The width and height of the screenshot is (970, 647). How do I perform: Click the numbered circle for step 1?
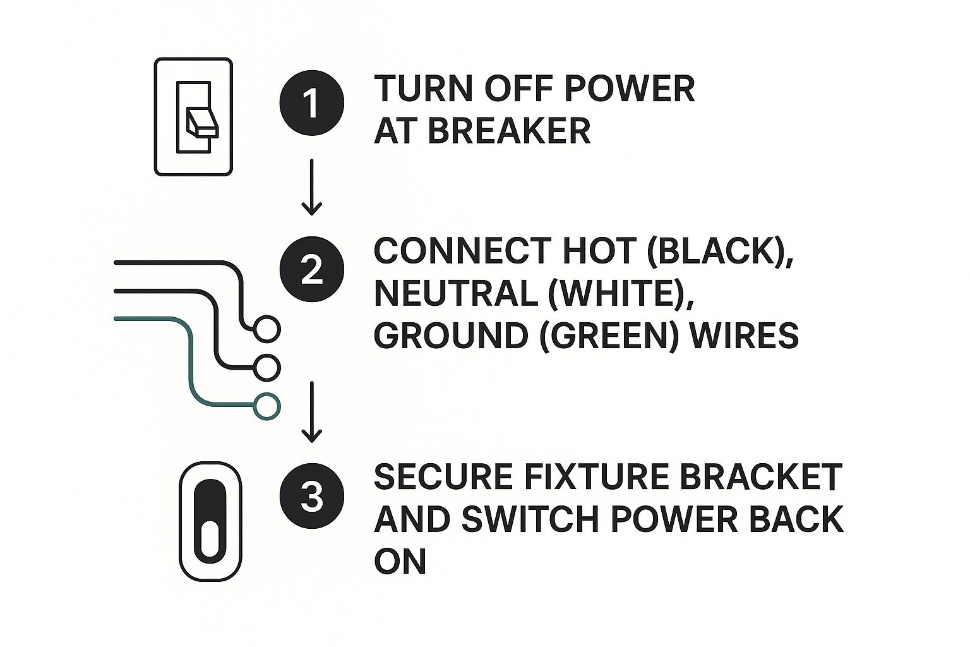pyautogui.click(x=311, y=102)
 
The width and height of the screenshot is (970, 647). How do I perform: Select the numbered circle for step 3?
pyautogui.click(x=311, y=495)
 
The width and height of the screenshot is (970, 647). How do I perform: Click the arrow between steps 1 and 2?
pyautogui.click(x=311, y=187)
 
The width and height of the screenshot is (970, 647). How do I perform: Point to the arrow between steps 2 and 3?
pyautogui.click(x=311, y=411)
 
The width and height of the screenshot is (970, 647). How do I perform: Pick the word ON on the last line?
pyautogui.click(x=400, y=560)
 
